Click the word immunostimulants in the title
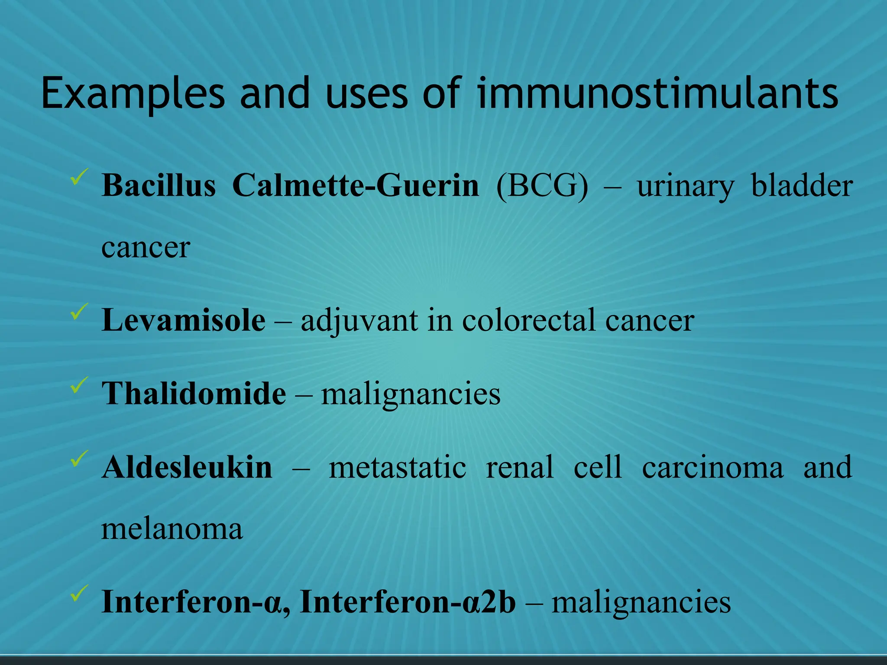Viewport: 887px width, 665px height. click(x=657, y=93)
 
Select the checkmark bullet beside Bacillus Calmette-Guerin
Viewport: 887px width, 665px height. click(x=79, y=177)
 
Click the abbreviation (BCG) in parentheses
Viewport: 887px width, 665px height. click(x=543, y=186)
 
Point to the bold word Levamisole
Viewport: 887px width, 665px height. click(x=183, y=320)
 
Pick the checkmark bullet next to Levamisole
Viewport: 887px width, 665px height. click(x=79, y=312)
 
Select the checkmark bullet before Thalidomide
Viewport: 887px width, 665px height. click(x=79, y=385)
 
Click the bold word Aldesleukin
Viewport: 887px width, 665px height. click(x=187, y=468)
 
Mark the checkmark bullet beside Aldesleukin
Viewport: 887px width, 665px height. click(x=79, y=459)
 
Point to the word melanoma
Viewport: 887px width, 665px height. click(x=172, y=529)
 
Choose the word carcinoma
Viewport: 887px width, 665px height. click(x=712, y=468)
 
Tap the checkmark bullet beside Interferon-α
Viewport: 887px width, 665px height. click(x=79, y=593)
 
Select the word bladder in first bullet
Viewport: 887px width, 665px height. click(x=802, y=186)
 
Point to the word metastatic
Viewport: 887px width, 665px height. click(x=397, y=468)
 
